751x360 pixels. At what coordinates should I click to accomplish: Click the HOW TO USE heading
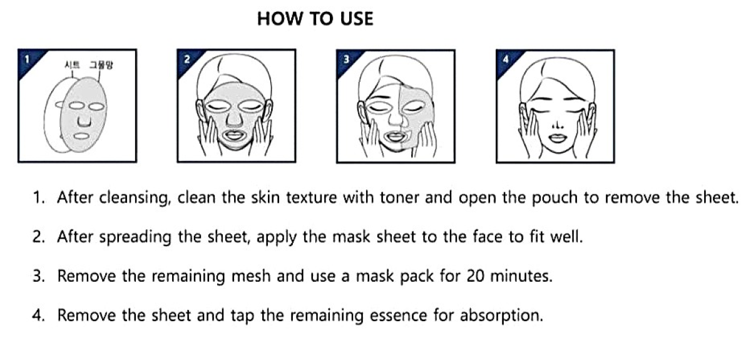point(315,19)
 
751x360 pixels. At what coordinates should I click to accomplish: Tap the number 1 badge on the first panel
point(26,59)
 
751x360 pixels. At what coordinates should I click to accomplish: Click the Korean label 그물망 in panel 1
point(100,64)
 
